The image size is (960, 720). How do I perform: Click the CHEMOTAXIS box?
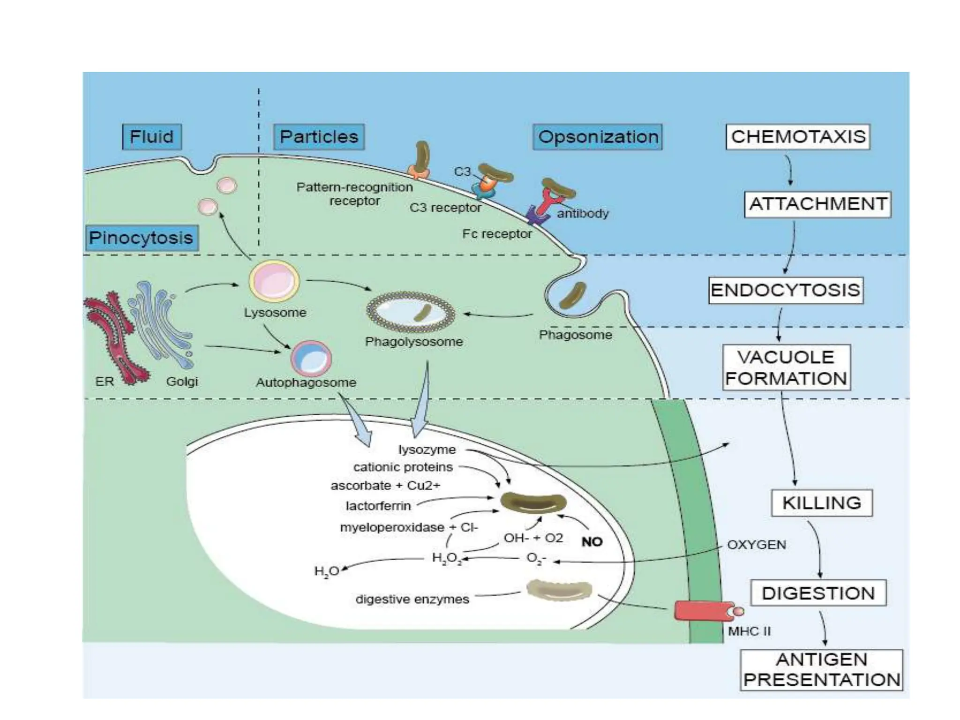pyautogui.click(x=798, y=137)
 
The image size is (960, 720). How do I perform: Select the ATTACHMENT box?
pyautogui.click(x=817, y=204)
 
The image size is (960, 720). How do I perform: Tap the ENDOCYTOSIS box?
pyautogui.click(x=786, y=290)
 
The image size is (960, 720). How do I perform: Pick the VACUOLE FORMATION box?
pyautogui.click(x=786, y=367)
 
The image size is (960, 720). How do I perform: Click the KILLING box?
pyautogui.click(x=822, y=503)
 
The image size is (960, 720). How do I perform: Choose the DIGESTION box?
pyautogui.click(x=818, y=593)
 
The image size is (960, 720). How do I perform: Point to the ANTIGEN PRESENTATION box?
pyautogui.click(x=821, y=670)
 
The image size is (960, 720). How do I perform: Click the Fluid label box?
pyautogui.click(x=151, y=137)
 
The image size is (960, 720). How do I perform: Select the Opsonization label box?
pyautogui.click(x=598, y=137)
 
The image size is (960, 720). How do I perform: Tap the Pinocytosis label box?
pyautogui.click(x=141, y=238)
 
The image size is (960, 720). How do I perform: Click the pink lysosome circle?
pyautogui.click(x=274, y=281)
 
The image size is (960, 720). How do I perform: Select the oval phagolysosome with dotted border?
pyautogui.click(x=410, y=312)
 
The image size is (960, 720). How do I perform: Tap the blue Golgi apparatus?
pyautogui.click(x=162, y=323)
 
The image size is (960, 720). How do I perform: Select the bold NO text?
pyautogui.click(x=592, y=542)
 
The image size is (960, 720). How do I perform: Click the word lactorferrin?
pyautogui.click(x=378, y=506)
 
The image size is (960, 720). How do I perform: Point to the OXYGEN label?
pyautogui.click(x=756, y=545)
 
